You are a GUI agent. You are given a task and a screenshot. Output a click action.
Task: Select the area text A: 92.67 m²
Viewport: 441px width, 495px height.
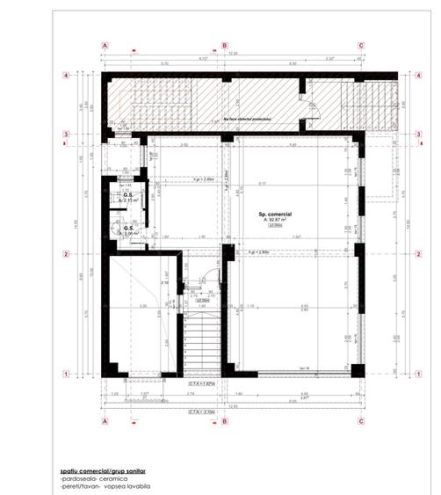tap(275, 220)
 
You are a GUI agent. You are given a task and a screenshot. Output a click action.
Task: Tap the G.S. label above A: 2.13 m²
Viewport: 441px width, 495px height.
tap(127, 195)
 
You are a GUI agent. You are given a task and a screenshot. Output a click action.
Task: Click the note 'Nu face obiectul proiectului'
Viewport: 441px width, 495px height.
tap(248, 117)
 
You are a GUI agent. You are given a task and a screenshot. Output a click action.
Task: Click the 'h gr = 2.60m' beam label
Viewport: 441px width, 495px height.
tap(183, 177)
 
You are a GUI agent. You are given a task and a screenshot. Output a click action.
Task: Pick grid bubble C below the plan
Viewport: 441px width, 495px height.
tap(361, 420)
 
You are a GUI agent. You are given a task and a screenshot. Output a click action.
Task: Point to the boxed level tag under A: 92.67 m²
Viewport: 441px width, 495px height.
tap(275, 226)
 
